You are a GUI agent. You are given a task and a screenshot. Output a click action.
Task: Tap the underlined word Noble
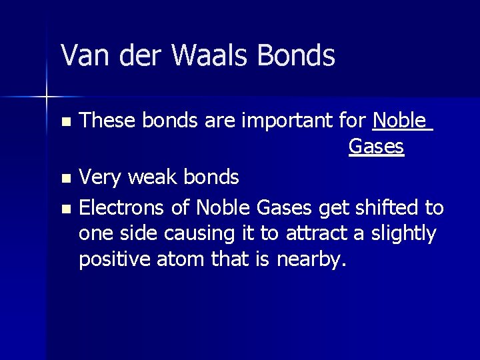(399, 121)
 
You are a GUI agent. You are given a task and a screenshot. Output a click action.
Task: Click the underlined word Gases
(376, 147)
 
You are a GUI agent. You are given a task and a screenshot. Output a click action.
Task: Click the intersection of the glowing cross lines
(47, 97)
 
